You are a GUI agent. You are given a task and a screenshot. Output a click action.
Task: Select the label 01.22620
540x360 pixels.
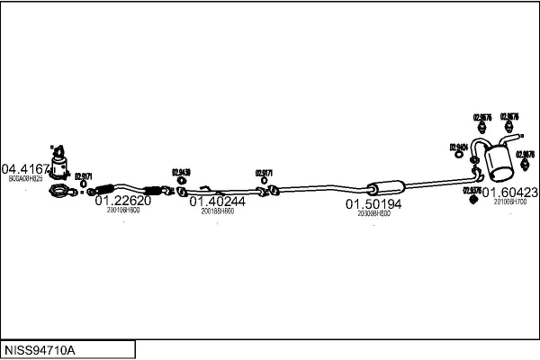122,202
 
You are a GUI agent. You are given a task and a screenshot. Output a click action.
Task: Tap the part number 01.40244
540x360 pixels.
217,202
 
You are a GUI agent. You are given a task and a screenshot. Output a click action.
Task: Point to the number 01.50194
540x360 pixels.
373,204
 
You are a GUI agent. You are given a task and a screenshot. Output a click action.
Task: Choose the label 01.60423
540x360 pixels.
509,192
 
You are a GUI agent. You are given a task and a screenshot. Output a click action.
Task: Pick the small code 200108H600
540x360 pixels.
122,210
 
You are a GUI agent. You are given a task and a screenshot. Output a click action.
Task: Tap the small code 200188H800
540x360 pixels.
217,211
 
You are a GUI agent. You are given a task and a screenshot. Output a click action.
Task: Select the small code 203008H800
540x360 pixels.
373,213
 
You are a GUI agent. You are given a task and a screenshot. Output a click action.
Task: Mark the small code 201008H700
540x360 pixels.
509,201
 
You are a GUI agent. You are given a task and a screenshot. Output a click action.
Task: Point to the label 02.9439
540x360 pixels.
181,171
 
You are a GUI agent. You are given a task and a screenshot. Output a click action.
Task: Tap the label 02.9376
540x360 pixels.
471,190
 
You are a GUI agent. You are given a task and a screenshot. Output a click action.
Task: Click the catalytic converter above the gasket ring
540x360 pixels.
59,164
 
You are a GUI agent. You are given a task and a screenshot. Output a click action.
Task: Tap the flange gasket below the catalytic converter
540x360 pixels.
59,192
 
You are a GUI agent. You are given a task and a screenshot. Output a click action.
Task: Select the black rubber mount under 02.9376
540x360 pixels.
471,199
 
